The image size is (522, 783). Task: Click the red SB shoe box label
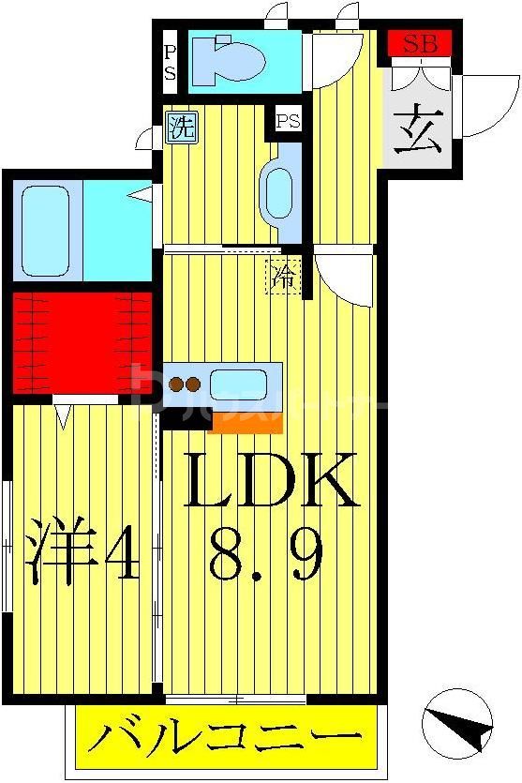[420, 42]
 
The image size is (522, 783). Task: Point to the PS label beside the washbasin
[288, 120]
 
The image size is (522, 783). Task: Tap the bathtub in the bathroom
[45, 230]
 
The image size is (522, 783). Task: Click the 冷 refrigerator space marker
[284, 277]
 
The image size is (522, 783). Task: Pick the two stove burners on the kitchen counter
[184, 384]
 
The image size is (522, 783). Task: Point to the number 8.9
[269, 553]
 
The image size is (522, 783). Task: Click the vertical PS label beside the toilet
[170, 62]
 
